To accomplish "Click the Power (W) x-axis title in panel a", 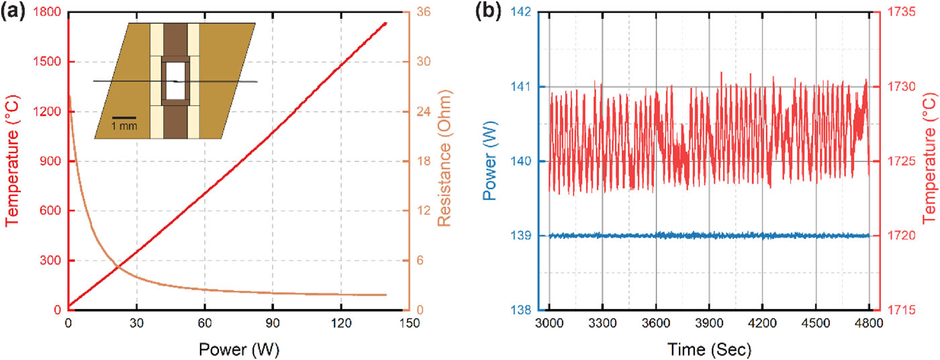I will click(238, 349).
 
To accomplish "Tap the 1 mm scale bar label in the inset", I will click(124, 126).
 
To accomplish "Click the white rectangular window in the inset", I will click(176, 81).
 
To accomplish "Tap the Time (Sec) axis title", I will click(709, 349).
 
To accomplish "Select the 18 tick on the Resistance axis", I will click(425, 161).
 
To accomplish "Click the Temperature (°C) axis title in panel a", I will click(12, 161).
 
